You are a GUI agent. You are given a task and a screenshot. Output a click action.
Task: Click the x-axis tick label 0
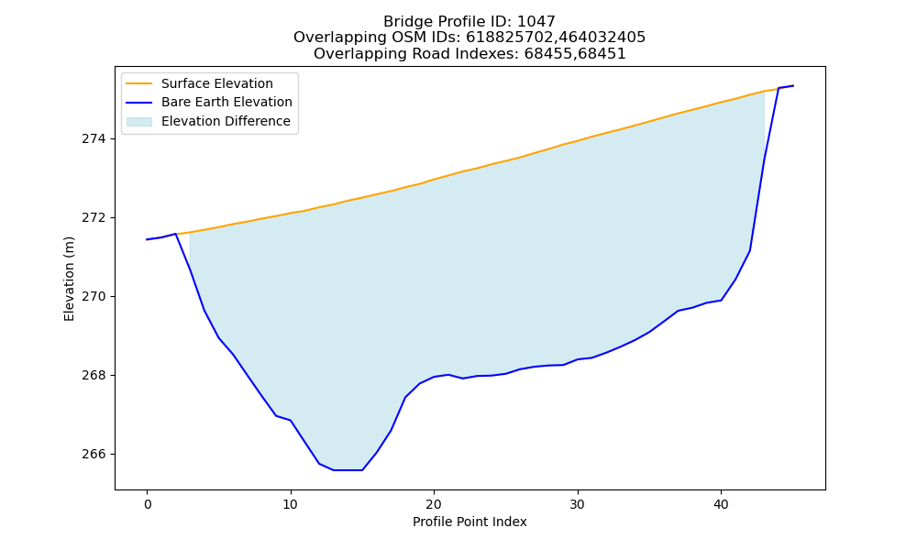tap(147, 504)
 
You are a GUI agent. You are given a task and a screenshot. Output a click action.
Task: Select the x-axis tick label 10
tap(291, 504)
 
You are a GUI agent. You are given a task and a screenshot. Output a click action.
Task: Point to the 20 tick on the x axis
tap(434, 504)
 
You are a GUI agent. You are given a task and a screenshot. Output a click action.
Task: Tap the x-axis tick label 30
tap(578, 504)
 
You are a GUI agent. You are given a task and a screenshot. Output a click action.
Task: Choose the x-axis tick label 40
tap(721, 504)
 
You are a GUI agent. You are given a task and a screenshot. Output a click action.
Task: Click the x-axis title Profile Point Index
tap(470, 522)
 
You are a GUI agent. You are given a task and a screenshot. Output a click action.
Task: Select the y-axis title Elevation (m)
tap(69, 279)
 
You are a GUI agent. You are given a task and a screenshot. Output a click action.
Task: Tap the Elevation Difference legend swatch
tap(139, 121)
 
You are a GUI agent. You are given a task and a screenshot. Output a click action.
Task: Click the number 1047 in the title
tap(536, 22)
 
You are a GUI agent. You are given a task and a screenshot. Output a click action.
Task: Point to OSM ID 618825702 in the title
tap(508, 38)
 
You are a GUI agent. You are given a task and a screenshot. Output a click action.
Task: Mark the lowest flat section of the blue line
tap(348, 470)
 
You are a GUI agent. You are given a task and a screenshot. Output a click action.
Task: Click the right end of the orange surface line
tap(793, 86)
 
